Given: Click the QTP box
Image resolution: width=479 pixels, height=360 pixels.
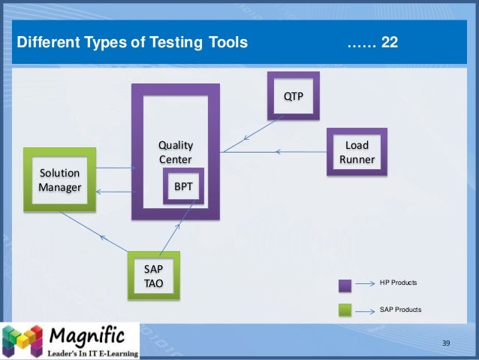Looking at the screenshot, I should tap(294, 96).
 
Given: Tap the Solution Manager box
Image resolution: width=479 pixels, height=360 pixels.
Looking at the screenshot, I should tap(59, 180).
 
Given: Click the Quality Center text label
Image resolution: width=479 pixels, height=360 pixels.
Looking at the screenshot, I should tap(175, 151).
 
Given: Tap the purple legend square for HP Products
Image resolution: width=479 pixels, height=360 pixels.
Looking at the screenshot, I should tap(345, 285).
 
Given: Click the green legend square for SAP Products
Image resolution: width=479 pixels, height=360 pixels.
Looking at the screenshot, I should tap(345, 309).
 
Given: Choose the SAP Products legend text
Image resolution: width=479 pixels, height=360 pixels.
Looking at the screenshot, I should tap(401, 309).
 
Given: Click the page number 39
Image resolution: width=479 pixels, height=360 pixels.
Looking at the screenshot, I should tap(446, 343).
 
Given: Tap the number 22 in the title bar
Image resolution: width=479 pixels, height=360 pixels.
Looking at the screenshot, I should tap(390, 43).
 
